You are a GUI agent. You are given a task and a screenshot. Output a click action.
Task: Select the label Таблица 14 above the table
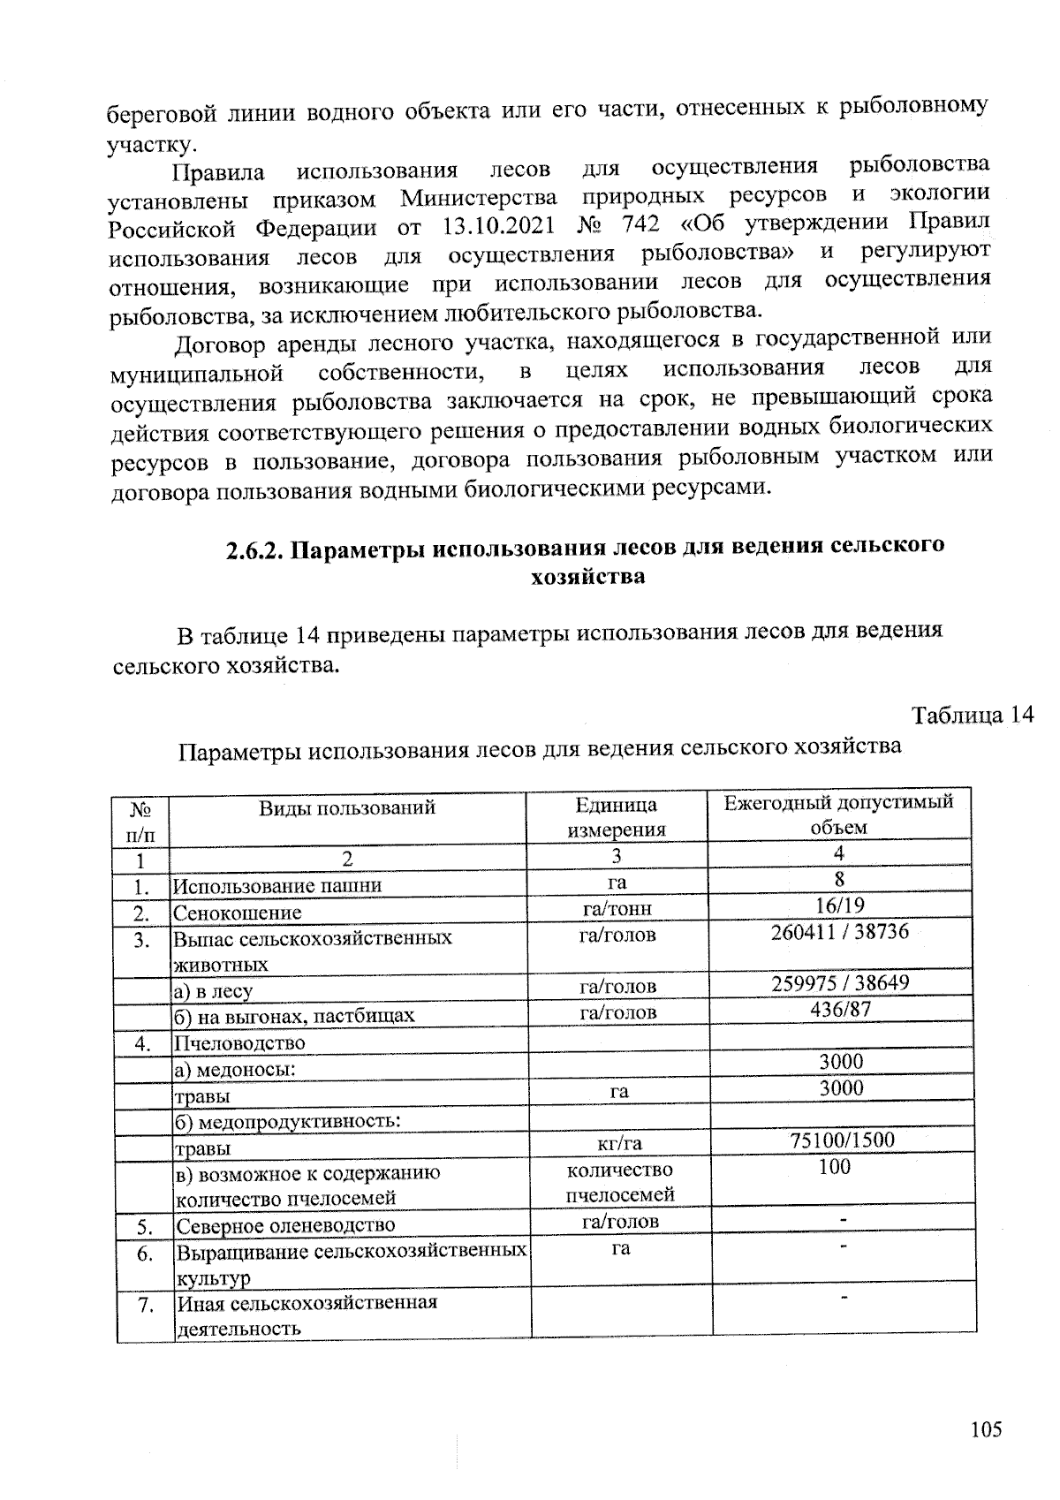point(972,715)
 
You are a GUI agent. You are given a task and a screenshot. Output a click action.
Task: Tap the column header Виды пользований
point(347,807)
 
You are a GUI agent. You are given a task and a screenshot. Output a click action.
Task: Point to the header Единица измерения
point(616,817)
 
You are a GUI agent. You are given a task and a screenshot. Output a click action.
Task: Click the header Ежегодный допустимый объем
point(838,814)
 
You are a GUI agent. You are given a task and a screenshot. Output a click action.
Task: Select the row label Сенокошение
point(238,913)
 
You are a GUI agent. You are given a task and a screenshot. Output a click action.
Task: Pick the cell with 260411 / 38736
point(839,932)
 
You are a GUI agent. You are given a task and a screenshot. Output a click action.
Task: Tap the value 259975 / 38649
point(840,982)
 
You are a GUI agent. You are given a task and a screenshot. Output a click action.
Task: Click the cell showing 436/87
point(840,1009)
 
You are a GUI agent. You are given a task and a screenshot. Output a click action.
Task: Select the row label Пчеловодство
point(240,1043)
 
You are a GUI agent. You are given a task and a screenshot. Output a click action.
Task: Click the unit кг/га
point(619,1144)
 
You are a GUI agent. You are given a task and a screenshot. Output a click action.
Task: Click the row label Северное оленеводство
point(285,1225)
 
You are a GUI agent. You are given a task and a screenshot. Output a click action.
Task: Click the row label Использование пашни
point(278,886)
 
